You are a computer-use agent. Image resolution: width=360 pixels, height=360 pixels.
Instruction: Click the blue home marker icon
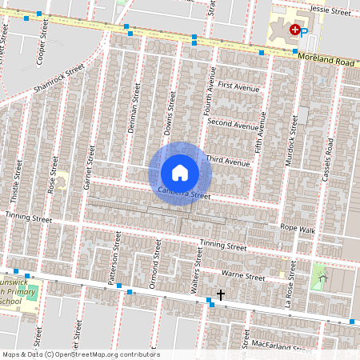point(180,173)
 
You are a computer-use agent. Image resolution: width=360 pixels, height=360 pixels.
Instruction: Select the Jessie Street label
point(330,12)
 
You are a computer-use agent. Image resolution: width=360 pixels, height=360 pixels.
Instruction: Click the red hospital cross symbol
point(295,30)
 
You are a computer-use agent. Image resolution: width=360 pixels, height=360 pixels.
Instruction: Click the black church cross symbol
point(220,294)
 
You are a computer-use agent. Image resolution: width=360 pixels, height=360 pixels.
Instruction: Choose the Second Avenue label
point(233,124)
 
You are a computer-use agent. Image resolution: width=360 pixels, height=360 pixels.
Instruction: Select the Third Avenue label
point(228,161)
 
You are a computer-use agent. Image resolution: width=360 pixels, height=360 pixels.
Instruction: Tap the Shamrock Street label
point(59,78)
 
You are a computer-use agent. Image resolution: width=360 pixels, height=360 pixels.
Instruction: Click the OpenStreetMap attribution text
point(81,354)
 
